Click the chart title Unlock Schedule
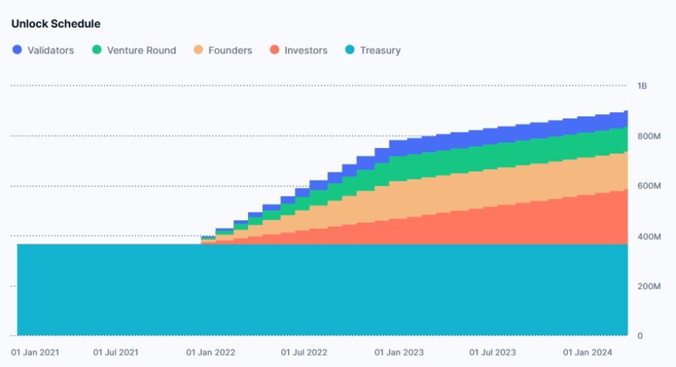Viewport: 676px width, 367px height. [x=55, y=24]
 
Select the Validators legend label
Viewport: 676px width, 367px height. [x=51, y=50]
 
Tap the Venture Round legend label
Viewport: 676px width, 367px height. [x=141, y=50]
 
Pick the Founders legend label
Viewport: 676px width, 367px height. [x=230, y=50]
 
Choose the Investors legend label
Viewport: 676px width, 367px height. [x=306, y=50]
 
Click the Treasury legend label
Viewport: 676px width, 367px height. [x=380, y=50]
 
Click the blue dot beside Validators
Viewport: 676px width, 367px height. [x=18, y=49]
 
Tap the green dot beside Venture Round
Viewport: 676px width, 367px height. [x=97, y=49]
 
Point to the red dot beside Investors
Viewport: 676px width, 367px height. [x=274, y=49]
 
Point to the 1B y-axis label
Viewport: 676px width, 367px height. [x=642, y=86]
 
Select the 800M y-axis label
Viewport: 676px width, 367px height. [x=648, y=137]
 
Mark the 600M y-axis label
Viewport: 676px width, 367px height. [x=648, y=187]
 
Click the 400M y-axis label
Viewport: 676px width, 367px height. [x=648, y=237]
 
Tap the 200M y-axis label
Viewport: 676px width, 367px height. [x=648, y=287]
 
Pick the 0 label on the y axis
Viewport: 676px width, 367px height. [x=639, y=336]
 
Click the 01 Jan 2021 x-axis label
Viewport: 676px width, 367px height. [x=34, y=352]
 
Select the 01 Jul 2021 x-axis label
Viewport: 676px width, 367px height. [x=116, y=352]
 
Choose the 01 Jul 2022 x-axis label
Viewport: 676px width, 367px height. [x=304, y=352]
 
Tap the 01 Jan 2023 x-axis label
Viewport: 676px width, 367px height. [x=398, y=352]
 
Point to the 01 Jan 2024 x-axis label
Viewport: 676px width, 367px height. [x=586, y=352]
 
